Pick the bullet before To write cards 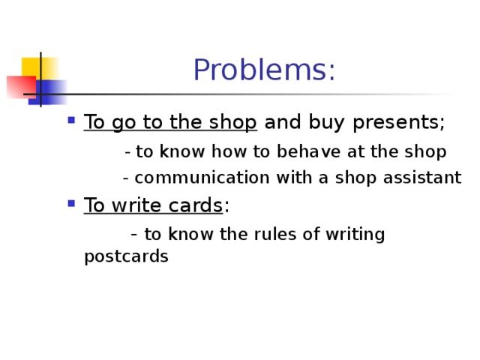pos(70,203)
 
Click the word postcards pos(126,257)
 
